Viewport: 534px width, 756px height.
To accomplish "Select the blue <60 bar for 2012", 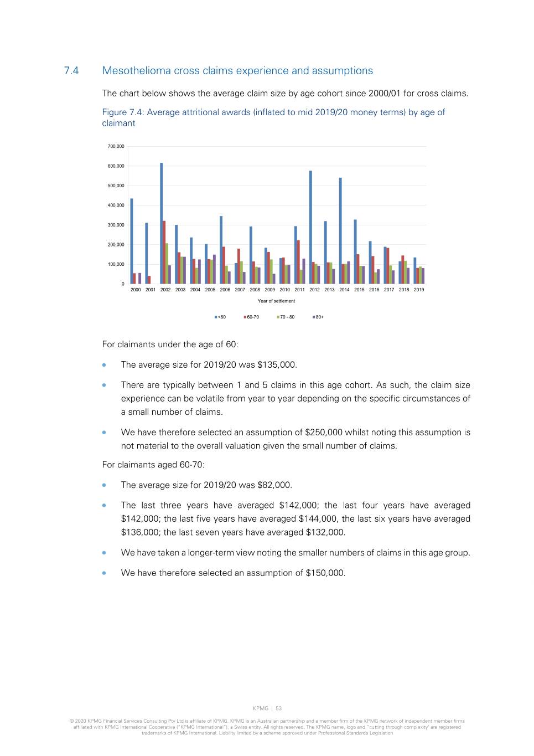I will point(310,227).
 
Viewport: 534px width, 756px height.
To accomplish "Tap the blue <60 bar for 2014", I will point(340,230).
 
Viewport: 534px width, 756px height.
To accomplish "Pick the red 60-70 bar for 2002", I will point(164,252).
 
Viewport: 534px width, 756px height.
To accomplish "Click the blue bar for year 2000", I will point(132,241).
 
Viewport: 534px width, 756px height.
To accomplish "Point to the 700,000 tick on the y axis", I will point(116,146).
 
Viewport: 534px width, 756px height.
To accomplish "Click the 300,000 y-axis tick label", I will point(116,225).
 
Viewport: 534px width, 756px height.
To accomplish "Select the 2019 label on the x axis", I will point(419,290).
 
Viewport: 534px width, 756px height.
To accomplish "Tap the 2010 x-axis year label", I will point(284,290).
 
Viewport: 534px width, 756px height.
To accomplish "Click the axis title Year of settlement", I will point(276,301).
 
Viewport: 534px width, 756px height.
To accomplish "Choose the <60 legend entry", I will point(220,317).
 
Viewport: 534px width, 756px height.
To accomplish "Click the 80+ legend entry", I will point(318,317).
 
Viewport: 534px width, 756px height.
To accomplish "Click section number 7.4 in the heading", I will point(71,71).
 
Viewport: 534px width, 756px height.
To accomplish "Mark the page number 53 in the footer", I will point(279,708).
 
